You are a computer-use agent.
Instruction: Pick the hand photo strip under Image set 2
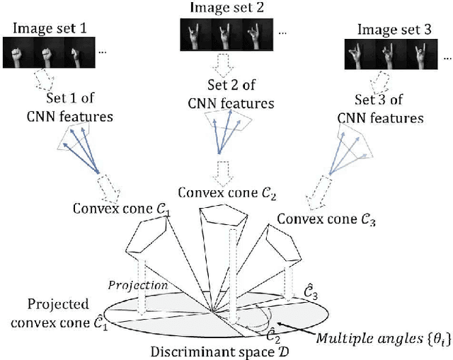tap(224, 33)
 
